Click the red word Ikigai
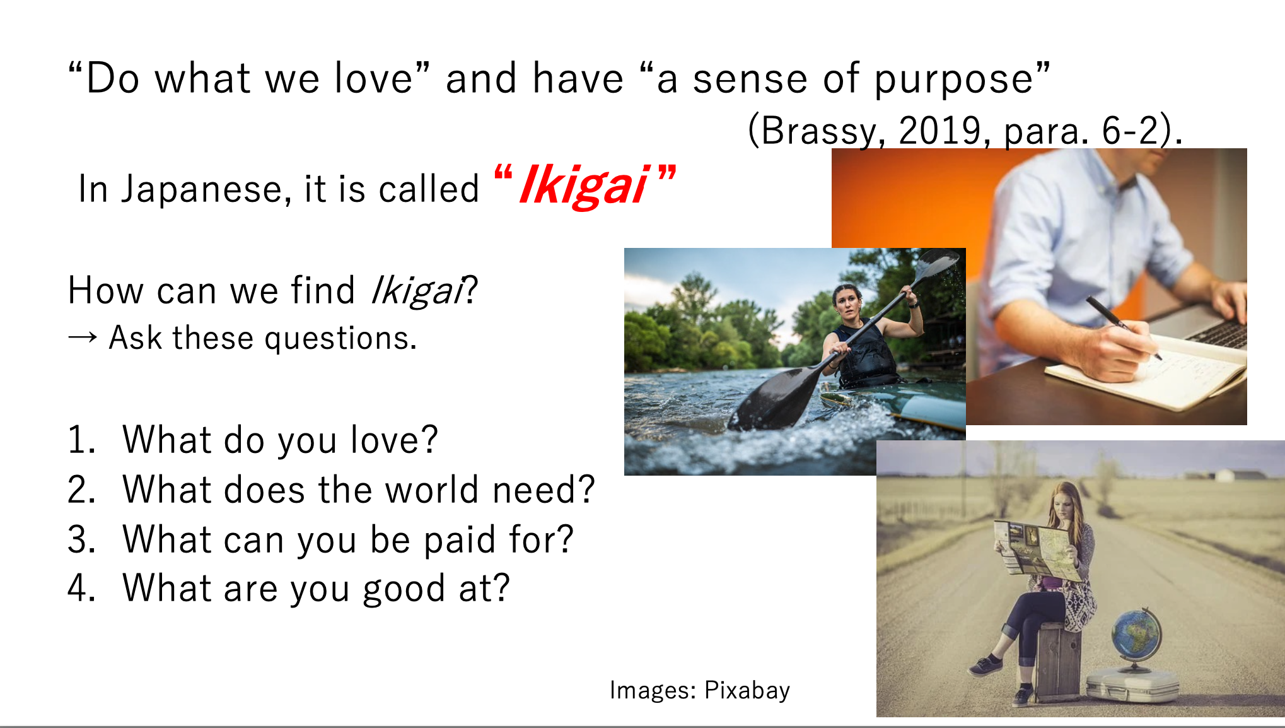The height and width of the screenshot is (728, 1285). click(584, 185)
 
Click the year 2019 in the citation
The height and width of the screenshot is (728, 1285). click(940, 131)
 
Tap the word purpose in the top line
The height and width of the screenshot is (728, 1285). click(954, 81)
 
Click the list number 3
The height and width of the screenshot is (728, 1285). click(81, 540)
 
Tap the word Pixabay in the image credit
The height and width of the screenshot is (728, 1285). click(747, 691)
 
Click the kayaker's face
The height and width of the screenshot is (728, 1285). click(849, 303)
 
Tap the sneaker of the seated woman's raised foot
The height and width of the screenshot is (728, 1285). click(986, 665)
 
